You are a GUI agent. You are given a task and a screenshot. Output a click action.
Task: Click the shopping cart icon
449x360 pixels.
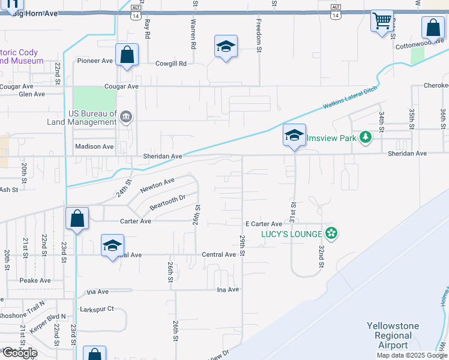[x=382, y=22]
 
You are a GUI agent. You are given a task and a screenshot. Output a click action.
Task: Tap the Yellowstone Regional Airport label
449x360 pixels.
[x=393, y=335]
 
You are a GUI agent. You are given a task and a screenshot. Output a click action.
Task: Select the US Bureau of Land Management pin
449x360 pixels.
[x=126, y=117]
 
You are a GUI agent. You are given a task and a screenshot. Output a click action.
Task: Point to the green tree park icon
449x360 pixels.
[x=365, y=138]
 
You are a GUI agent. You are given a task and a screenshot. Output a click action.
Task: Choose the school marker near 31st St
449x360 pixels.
[x=294, y=136]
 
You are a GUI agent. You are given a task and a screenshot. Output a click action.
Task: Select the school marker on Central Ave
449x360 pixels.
[x=112, y=245]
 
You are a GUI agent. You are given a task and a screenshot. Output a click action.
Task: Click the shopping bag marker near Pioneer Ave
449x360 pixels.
[x=127, y=55]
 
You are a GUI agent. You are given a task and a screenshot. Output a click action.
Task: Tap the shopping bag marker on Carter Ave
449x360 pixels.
[x=77, y=219]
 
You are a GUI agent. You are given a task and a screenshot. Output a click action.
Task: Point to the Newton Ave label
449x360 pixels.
[x=157, y=185]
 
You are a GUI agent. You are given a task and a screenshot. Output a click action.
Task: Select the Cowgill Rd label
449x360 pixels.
[x=171, y=63]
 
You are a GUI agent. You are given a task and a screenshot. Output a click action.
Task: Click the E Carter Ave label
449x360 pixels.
[x=264, y=224]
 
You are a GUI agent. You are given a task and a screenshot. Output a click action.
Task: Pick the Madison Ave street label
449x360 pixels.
[x=94, y=146]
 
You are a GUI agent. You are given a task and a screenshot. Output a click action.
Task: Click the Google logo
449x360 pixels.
[x=19, y=353]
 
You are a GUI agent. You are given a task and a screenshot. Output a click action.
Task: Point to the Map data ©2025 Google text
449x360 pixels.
[x=412, y=355]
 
